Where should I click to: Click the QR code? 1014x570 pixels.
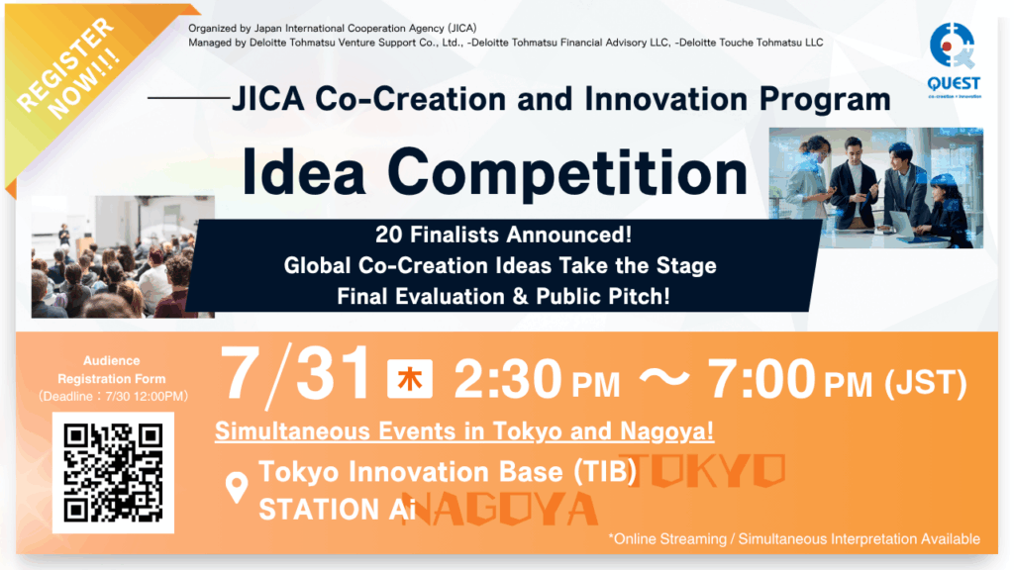click(113, 472)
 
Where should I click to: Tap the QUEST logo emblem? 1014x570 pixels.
click(952, 46)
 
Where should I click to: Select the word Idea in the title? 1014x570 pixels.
click(303, 172)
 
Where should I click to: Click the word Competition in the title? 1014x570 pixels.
click(567, 172)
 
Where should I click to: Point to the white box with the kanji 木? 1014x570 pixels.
click(409, 379)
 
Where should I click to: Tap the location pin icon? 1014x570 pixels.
click(237, 488)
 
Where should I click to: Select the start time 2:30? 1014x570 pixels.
click(508, 379)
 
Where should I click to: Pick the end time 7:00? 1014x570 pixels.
click(761, 379)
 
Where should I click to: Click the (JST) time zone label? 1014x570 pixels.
click(926, 383)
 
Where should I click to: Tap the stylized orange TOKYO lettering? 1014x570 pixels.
click(706, 470)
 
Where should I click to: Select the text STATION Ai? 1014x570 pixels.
click(337, 510)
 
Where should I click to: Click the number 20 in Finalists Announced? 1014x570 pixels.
click(388, 236)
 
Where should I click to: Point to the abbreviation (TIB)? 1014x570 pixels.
click(605, 472)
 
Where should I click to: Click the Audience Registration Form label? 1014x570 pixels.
click(112, 370)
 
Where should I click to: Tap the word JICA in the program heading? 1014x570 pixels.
click(267, 99)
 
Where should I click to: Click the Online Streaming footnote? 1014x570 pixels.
click(794, 539)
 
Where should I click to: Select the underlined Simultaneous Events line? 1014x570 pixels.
click(464, 431)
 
